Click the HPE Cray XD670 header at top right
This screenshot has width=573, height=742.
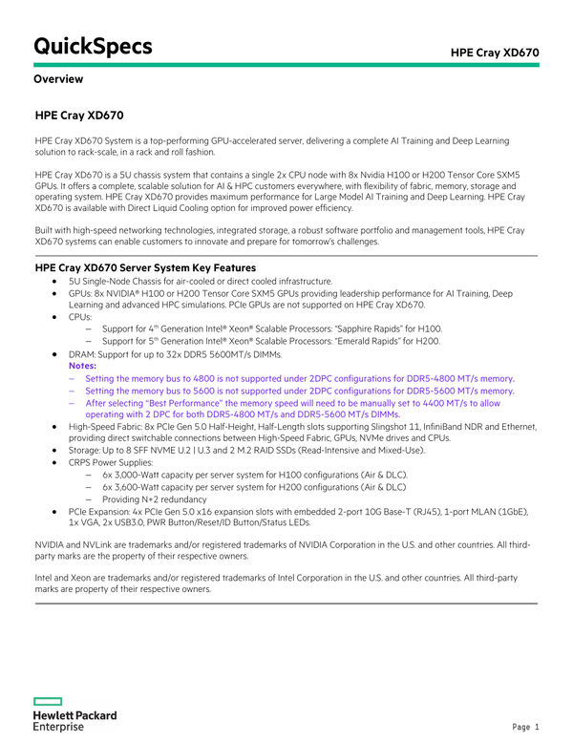495,51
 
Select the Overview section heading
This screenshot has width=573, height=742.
58,79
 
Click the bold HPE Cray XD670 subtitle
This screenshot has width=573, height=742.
79,117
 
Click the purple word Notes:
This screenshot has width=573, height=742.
83,366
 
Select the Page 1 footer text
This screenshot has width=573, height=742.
526,727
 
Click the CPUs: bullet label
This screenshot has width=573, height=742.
80,316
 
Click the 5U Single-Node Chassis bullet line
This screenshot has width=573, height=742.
200,282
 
